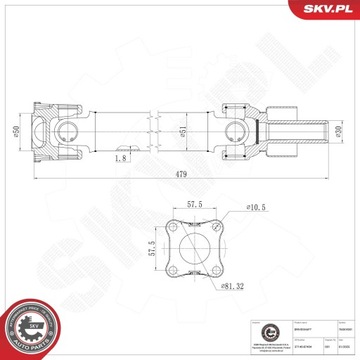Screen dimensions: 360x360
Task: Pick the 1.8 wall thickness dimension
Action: [x=120, y=157]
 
